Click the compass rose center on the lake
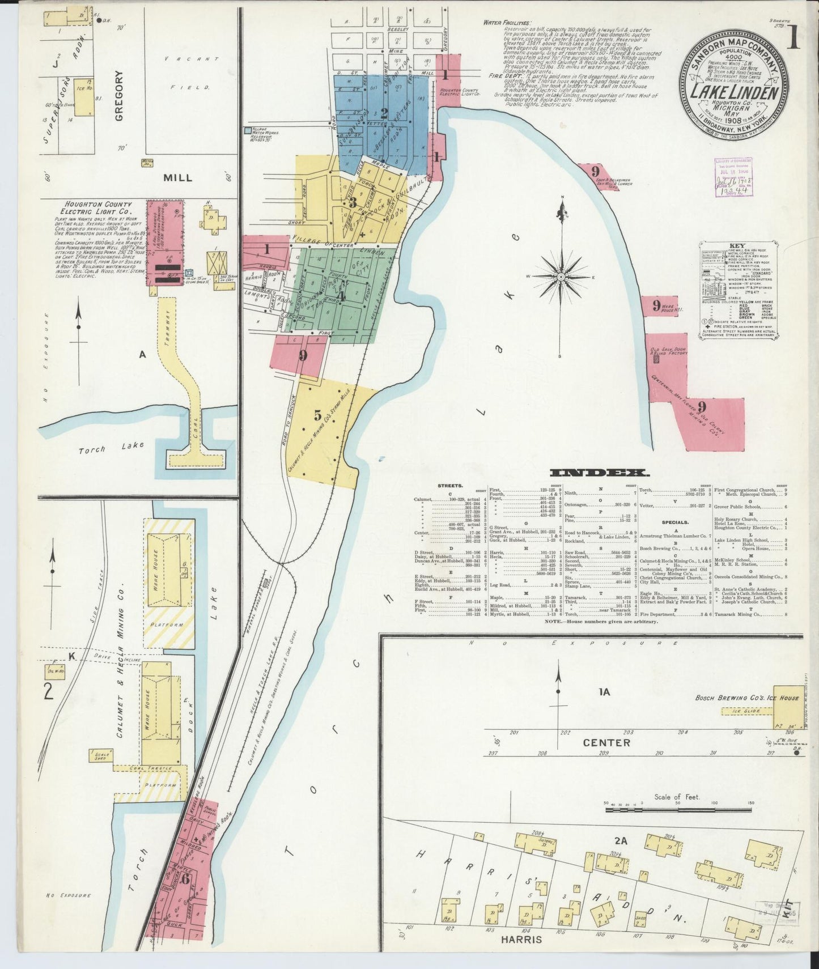click(x=561, y=277)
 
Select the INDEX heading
click(x=600, y=473)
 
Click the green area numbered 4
click(x=342, y=294)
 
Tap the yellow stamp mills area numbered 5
click(x=317, y=415)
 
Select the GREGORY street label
click(x=119, y=97)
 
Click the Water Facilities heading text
click(x=507, y=23)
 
